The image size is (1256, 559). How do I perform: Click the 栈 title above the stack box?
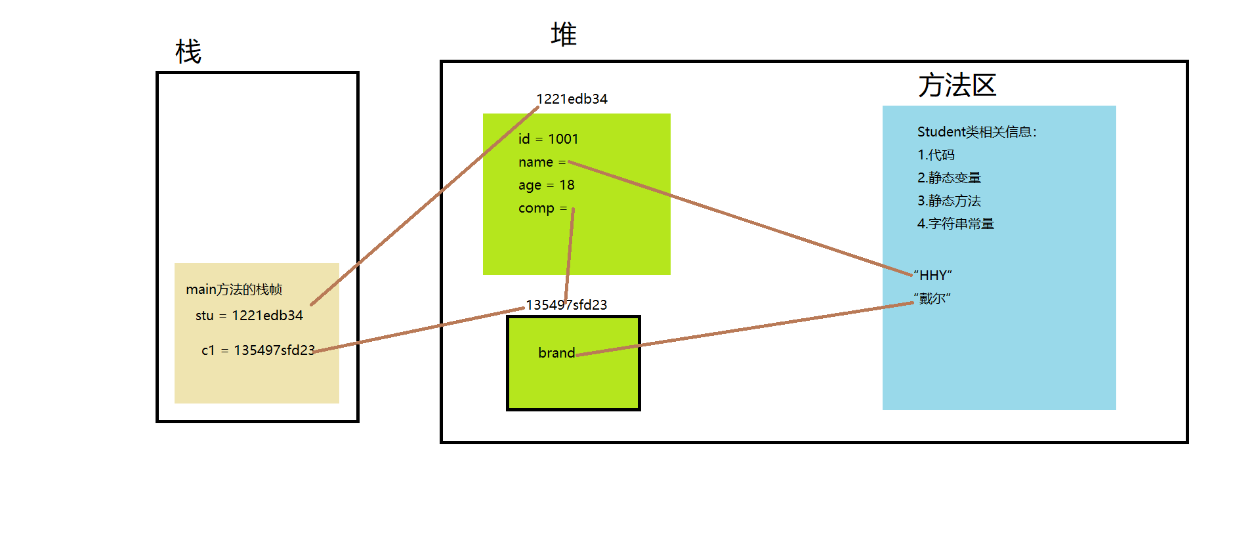coord(188,51)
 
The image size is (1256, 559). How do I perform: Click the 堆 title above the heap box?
coord(563,34)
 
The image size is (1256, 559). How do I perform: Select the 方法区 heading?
coord(957,85)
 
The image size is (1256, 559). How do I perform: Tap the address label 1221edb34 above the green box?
coord(572,99)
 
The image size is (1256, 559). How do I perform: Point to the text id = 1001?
coord(548,139)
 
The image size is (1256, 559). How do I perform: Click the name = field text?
coord(541,162)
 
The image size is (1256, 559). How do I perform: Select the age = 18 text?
coord(546,185)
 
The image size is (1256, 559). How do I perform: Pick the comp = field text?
coord(542,208)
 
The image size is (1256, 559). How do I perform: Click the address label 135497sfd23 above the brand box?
coord(566,305)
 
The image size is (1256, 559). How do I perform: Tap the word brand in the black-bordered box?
coord(556,353)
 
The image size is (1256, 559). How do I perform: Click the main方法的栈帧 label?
coord(234,289)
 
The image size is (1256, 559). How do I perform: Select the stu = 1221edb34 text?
coord(249,316)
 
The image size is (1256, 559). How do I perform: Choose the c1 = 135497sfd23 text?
coord(257,350)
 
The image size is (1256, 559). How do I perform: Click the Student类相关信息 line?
coord(976,132)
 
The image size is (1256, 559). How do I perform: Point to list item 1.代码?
coord(936,155)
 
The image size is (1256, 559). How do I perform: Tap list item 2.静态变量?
coord(949,178)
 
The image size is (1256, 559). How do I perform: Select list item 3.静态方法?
coord(949,201)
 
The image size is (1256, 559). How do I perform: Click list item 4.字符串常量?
coord(955,224)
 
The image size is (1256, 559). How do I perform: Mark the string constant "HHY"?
coord(932,276)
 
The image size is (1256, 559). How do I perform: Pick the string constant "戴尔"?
coord(932,299)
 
